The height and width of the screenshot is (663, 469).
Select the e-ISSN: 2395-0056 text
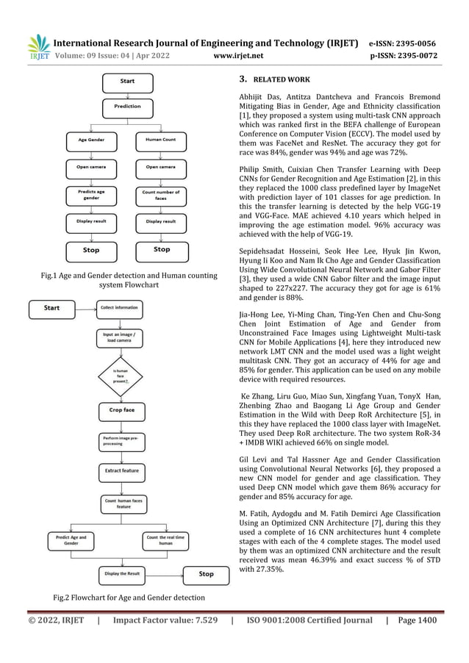pyautogui.click(x=404, y=42)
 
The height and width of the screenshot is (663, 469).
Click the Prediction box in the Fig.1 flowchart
pyautogui.click(x=127, y=106)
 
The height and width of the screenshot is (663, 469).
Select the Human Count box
pyautogui.click(x=160, y=139)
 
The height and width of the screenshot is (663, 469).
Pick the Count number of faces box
pyautogui.click(x=160, y=196)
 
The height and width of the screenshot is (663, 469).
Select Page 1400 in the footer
pyautogui.click(x=418, y=620)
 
